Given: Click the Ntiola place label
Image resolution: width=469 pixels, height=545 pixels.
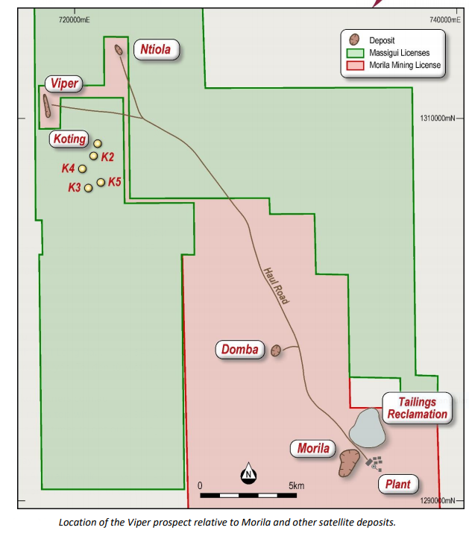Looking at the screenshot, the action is tap(157, 49).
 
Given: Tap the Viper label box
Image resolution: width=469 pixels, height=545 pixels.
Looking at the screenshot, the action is tap(64, 84).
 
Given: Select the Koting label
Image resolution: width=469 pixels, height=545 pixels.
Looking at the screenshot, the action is tap(69, 139).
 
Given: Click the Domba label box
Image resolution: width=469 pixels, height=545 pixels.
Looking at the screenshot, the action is tap(240, 350).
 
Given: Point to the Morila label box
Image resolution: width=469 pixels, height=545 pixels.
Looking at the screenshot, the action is tap(313, 448).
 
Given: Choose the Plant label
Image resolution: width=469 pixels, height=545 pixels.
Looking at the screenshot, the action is tap(398, 484).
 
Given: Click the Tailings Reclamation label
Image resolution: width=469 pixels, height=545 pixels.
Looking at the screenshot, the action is tap(418, 408).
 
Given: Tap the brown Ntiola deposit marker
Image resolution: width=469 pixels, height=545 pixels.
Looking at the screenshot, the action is tap(119, 50).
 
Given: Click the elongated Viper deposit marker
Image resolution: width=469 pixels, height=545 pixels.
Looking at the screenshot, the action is tap(46, 106).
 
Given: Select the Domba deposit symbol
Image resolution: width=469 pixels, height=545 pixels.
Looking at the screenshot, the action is tap(276, 350).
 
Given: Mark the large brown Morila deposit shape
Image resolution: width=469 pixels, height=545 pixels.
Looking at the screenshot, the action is tap(349, 463).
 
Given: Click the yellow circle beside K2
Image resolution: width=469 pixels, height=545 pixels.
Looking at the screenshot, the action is tap(93, 156).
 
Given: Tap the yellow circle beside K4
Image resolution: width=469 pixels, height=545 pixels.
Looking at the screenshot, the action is tap(83, 169).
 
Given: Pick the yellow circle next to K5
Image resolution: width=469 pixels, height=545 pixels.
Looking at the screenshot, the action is tap(101, 183).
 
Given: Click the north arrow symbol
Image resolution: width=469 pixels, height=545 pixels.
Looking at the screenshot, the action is tap(248, 473).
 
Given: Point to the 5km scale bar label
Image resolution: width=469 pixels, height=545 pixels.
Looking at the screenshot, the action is tap(296, 485).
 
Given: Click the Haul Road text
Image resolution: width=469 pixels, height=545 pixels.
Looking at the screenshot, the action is tap(276, 286).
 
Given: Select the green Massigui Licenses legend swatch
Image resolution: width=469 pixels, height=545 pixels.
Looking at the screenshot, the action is tap(355, 53).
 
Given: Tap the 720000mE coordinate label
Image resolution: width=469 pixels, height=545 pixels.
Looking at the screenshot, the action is tap(74, 20).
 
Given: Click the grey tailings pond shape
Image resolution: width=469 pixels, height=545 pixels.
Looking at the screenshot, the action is tap(367, 428).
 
